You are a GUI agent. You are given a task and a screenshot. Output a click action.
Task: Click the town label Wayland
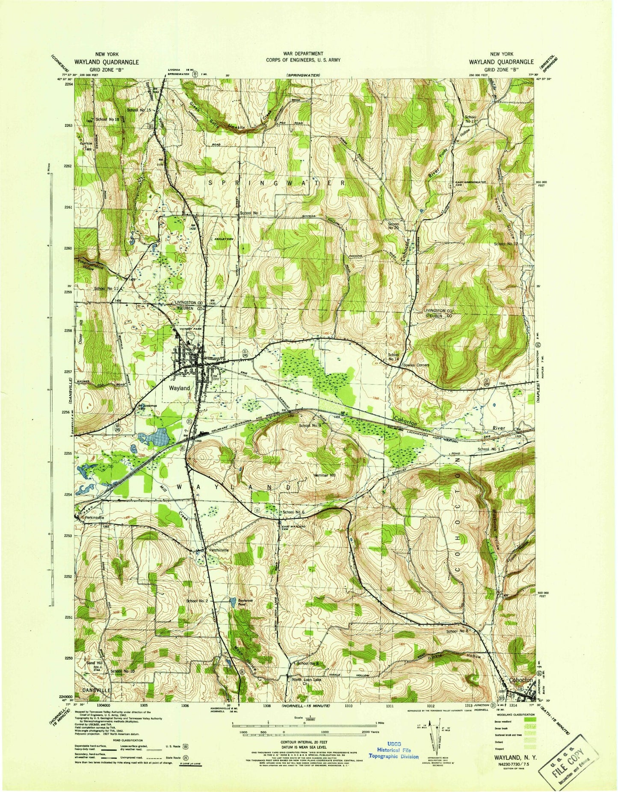pos(179,388)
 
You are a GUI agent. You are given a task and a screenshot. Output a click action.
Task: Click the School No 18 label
pos(107,119)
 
